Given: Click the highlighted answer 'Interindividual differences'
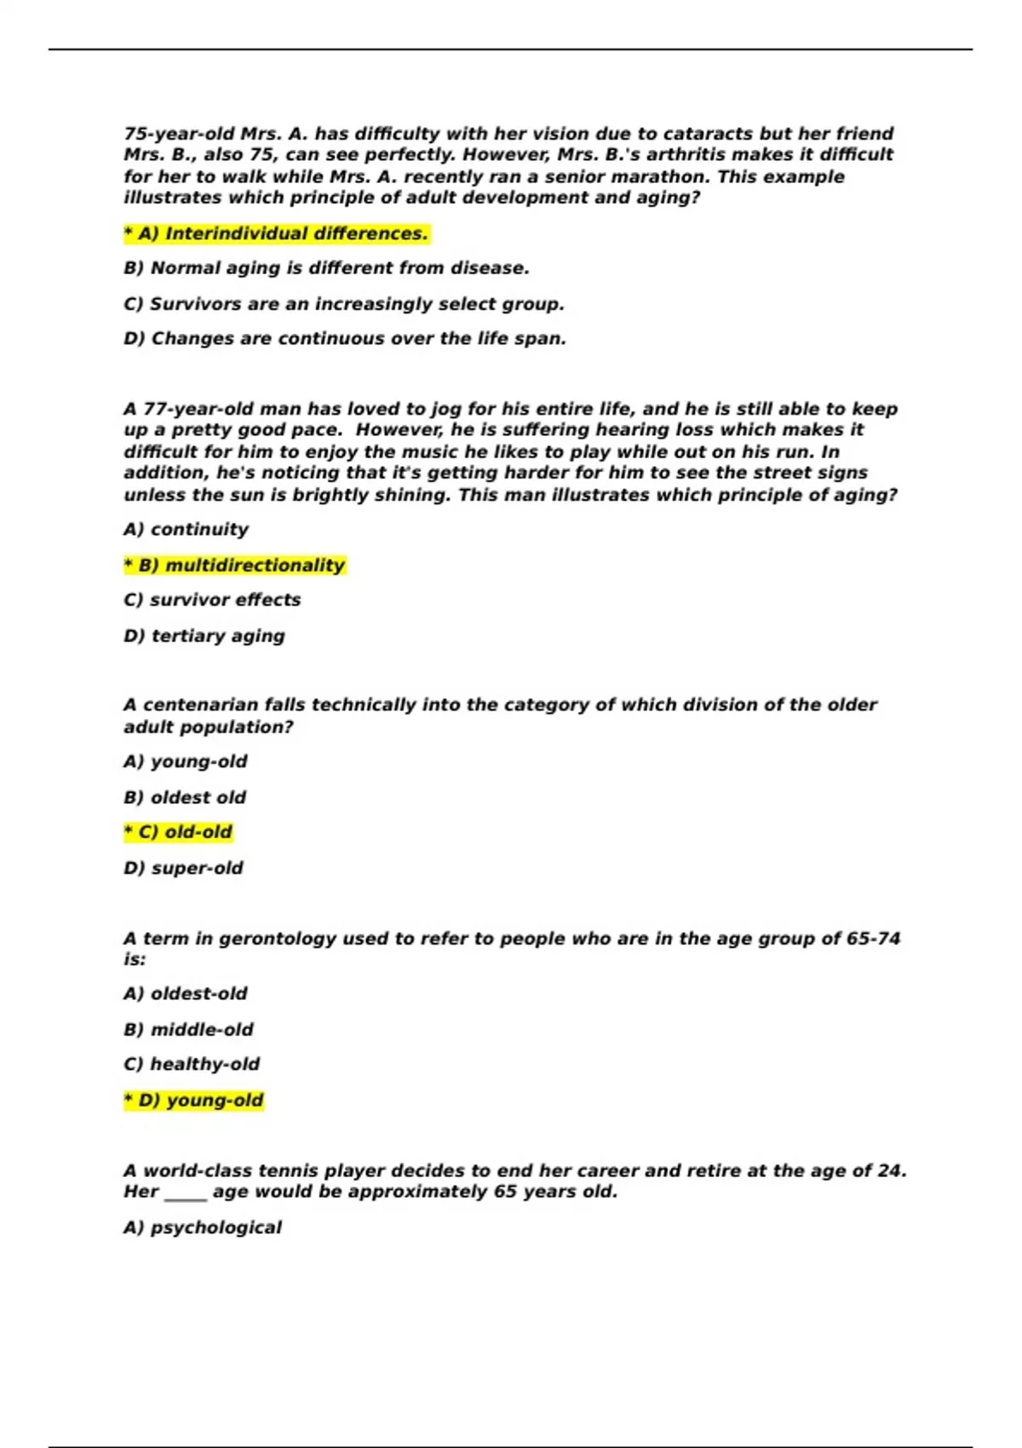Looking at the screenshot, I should click(x=277, y=233).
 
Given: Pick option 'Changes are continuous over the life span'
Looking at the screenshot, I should click(x=345, y=339).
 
